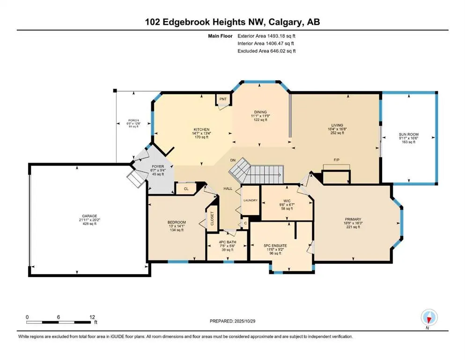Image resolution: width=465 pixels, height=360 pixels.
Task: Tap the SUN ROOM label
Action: [409, 135]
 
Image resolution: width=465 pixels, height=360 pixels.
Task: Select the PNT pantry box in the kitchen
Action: [223, 99]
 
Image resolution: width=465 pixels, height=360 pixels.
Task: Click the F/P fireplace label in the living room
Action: [336, 160]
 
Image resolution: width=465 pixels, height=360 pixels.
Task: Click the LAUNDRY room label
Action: [250, 200]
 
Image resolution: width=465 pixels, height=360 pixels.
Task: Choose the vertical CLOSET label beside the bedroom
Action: [212, 218]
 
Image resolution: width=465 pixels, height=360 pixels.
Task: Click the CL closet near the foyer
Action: [186, 189]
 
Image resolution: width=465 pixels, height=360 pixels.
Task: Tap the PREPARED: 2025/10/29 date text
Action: [232, 321]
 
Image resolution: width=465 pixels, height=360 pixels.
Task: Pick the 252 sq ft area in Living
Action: [337, 133]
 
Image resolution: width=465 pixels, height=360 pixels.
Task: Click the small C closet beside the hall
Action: [245, 224]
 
